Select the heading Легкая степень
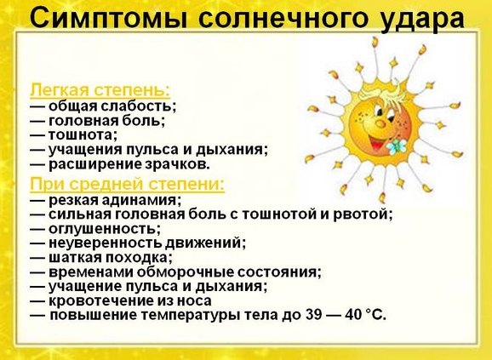100,90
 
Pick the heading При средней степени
128,184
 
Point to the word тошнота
83,134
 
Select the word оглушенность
105,229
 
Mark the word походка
139,258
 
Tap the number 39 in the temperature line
313,315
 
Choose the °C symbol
376,315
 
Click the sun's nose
380,123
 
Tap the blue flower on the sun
397,146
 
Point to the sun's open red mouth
376,143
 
